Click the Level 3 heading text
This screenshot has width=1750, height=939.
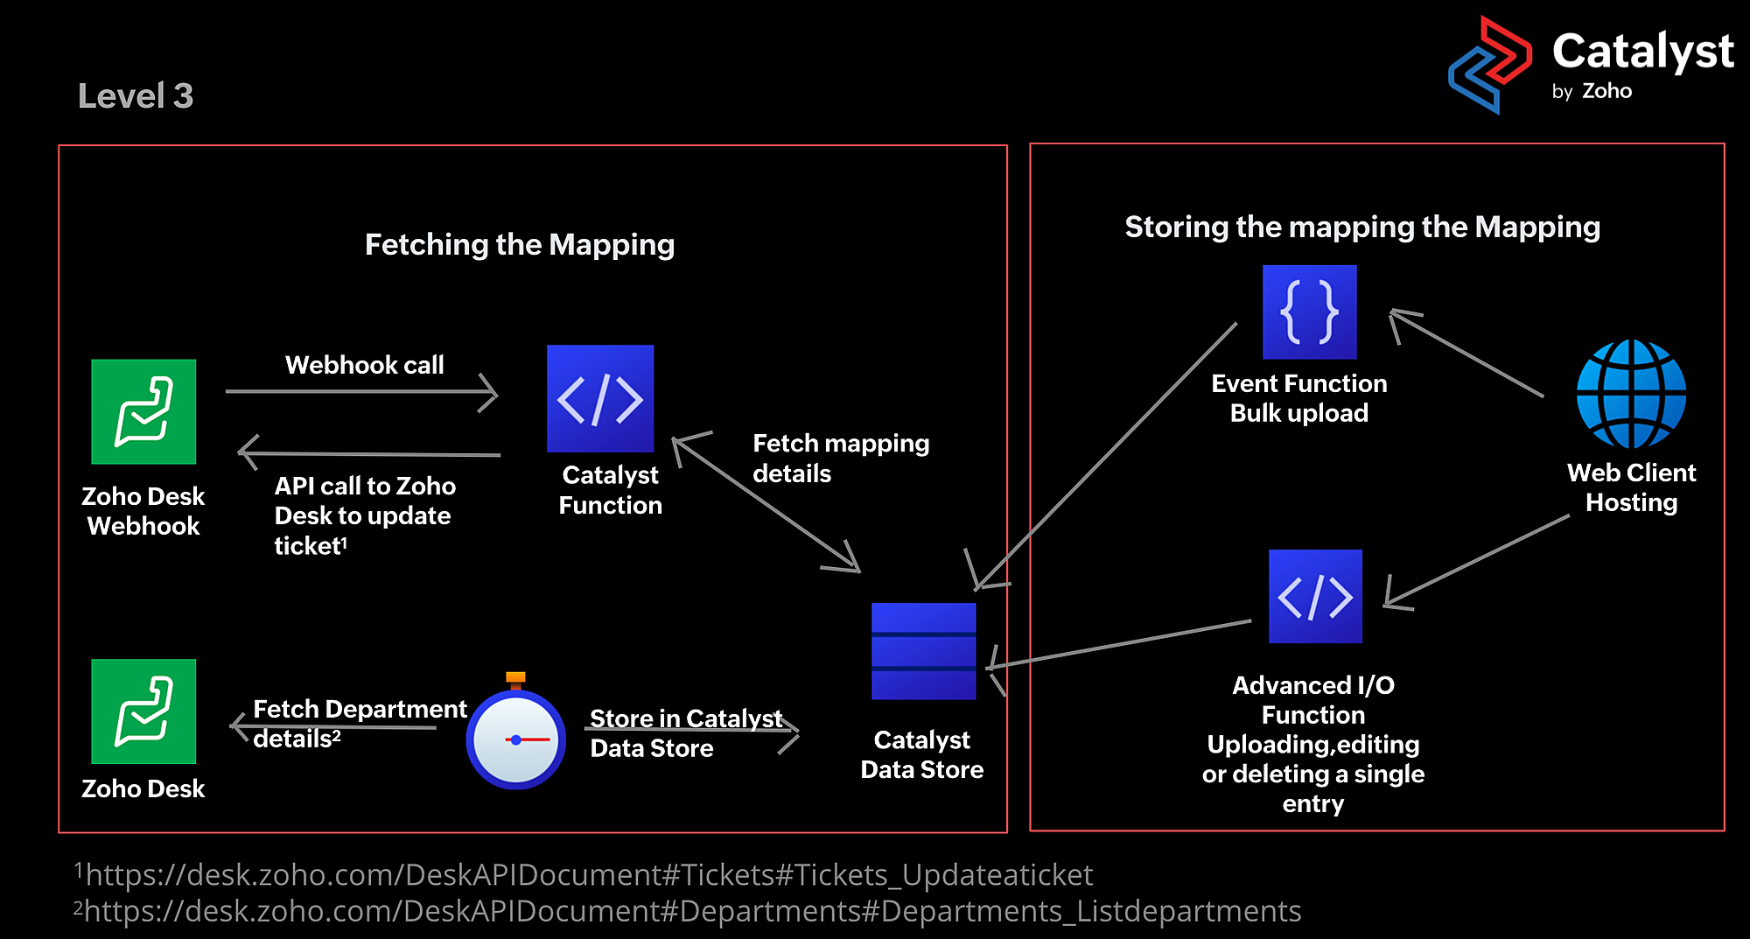pos(136,96)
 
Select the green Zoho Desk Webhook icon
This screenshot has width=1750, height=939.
pos(143,411)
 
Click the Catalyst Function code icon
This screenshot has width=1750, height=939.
pos(600,398)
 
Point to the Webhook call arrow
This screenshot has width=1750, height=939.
pos(361,391)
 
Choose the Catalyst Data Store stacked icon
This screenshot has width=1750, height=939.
pos(923,651)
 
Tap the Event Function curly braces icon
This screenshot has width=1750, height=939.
pos(1309,312)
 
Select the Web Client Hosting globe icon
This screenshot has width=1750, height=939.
pos(1631,395)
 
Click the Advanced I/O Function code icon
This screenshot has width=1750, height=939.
pos(1315,596)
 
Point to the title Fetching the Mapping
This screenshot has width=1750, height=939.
pos(520,245)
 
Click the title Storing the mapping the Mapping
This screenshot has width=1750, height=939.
pos(1362,228)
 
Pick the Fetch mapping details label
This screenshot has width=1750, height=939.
pos(840,459)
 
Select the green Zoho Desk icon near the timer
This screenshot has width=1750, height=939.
pos(143,711)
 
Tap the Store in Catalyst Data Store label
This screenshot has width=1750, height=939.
pos(685,733)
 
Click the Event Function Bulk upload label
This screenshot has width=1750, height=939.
pos(1299,398)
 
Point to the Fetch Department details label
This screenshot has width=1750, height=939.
pos(359,724)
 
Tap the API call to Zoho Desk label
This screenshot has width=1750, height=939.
pos(364,515)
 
